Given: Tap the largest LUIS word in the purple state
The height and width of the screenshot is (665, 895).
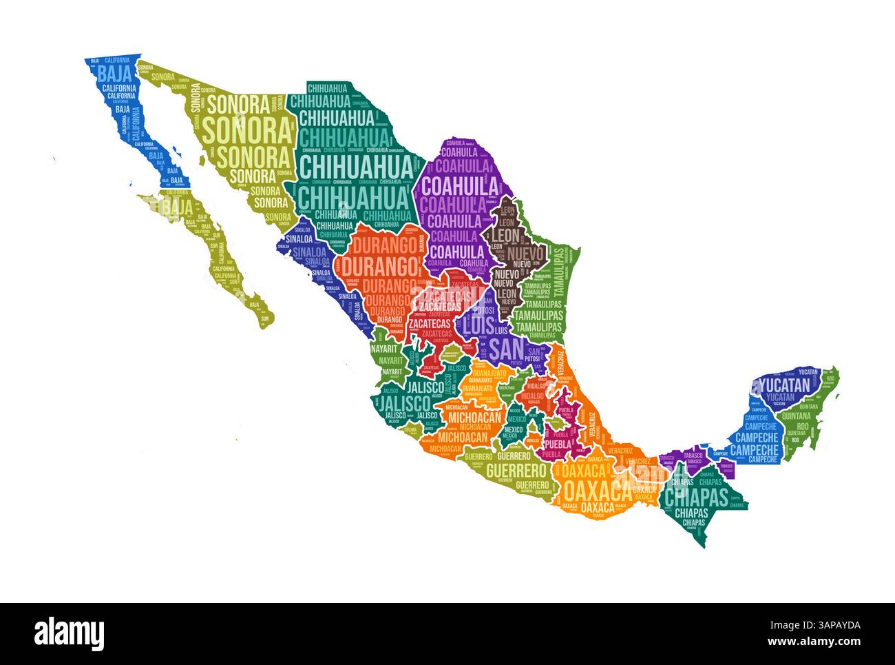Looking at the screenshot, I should pyautogui.click(x=478, y=324).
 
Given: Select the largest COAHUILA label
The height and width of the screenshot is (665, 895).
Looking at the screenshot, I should pyautogui.click(x=460, y=186).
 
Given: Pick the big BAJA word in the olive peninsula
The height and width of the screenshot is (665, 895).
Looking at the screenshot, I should pyautogui.click(x=177, y=206).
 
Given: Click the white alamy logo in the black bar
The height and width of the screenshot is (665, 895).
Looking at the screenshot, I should pyautogui.click(x=70, y=633).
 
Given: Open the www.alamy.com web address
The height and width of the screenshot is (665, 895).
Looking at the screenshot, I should pyautogui.click(x=816, y=641).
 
